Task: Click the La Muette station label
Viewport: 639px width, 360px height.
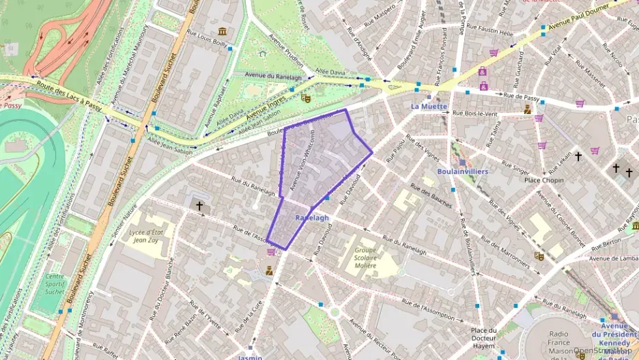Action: [429, 106]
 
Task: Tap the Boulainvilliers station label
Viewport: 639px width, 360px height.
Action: [462, 171]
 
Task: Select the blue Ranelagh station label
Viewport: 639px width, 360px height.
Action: [312, 217]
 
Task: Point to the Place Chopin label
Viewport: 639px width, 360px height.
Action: [543, 180]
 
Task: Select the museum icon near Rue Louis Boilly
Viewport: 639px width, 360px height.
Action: [223, 31]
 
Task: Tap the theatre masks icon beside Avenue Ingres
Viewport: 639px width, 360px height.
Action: [306, 98]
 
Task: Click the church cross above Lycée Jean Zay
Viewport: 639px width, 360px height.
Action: [199, 205]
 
